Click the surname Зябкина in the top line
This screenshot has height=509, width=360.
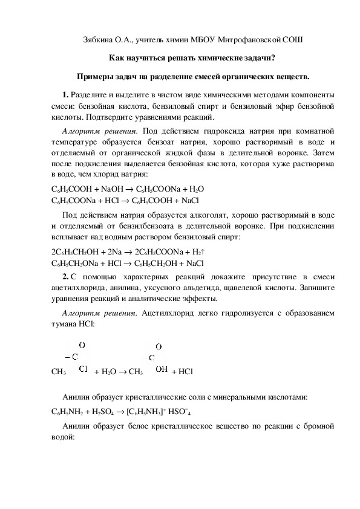97,40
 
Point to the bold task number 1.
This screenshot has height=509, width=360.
65,95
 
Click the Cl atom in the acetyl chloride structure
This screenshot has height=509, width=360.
83,368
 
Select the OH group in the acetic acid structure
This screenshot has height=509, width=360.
162,368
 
